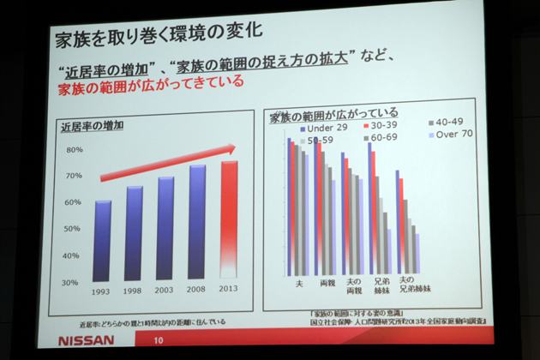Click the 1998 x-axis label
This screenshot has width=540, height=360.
click(134, 291)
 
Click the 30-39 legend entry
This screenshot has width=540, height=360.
click(387, 126)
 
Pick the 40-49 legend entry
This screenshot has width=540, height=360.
click(449, 121)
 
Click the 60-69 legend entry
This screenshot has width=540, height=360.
click(382, 137)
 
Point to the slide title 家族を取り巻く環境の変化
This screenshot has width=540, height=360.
click(158, 37)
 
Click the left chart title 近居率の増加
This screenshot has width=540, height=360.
click(92, 125)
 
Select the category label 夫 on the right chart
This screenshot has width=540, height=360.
click(298, 282)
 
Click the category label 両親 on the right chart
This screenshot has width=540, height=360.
click(326, 282)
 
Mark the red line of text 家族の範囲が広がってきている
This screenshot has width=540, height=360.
click(151, 83)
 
